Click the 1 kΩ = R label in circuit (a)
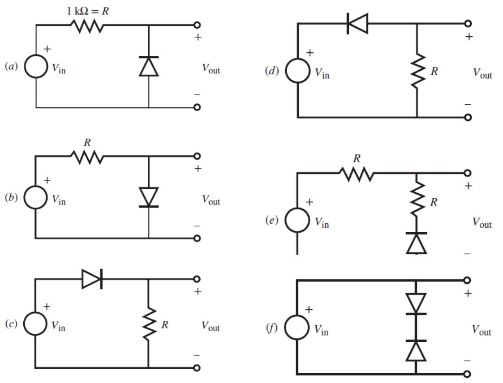88,11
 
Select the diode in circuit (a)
148,66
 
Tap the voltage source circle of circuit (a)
35,66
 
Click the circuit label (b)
11,198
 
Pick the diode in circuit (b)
148,197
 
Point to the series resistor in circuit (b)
86,157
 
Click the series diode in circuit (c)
92,279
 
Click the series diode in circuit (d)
357,23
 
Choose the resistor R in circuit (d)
417,70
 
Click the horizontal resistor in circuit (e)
357,174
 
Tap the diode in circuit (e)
417,243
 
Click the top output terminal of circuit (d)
468,23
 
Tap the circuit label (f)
272,328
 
